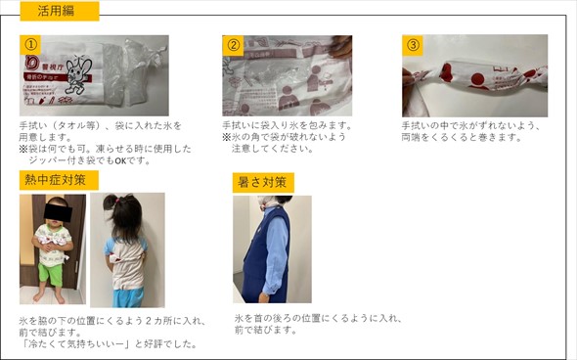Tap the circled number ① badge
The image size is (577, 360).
pyautogui.click(x=31, y=45)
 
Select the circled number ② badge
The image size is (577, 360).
pyautogui.click(x=233, y=45)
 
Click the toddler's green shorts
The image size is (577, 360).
pyautogui.click(x=52, y=275)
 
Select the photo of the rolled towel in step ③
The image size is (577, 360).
pyautogui.click(x=474, y=76)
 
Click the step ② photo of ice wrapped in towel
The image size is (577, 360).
pyautogui.click(x=287, y=75)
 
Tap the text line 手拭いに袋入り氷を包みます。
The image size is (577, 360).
pyautogui.click(x=287, y=126)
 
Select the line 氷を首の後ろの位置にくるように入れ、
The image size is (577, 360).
pyautogui.click(x=318, y=319)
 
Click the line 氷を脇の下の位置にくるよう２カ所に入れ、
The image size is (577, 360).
pyautogui.click(x=112, y=320)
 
